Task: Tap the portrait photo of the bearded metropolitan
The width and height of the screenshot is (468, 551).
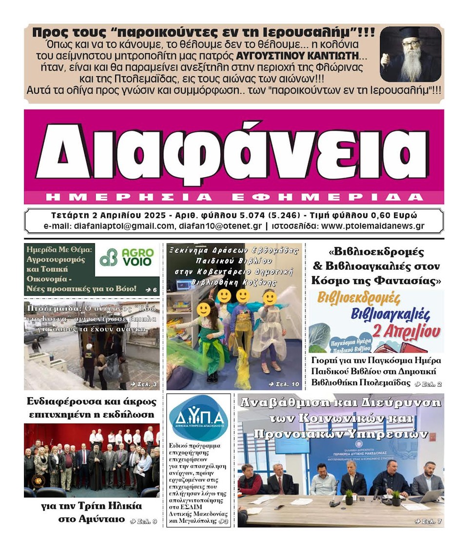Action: tap(410, 54)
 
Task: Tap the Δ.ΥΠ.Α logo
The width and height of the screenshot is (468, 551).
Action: tap(198, 418)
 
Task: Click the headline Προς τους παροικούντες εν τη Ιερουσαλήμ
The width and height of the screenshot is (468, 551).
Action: tap(203, 33)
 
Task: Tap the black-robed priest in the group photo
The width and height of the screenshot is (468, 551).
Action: tap(96, 469)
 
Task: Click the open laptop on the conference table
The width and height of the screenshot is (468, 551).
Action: tap(425, 497)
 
